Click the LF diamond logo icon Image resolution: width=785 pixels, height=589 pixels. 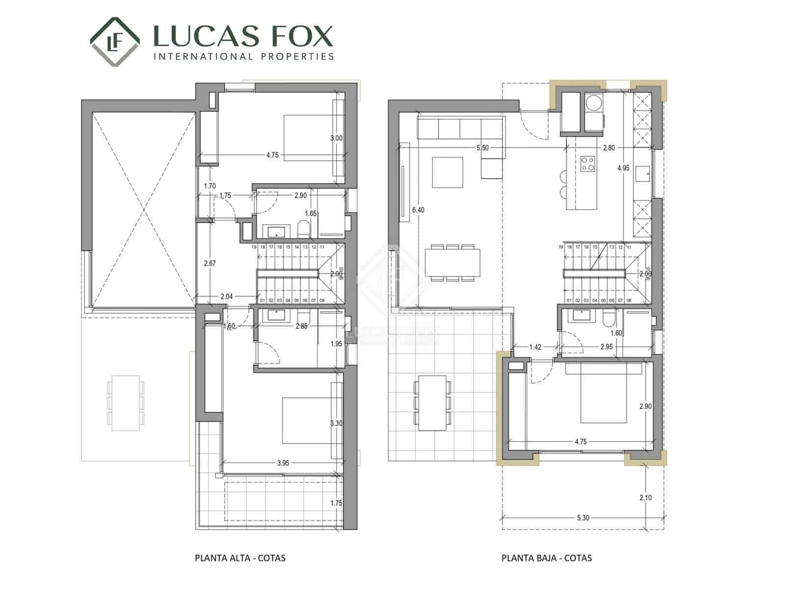click(114, 42)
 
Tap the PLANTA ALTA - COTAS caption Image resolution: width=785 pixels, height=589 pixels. click(240, 558)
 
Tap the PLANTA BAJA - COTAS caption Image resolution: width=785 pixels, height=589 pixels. click(547, 558)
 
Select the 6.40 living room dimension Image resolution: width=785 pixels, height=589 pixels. click(418, 210)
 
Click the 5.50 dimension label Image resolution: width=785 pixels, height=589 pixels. click(482, 148)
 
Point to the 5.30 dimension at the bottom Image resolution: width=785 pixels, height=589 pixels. click(582, 518)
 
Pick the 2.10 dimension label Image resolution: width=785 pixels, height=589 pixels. click(646, 498)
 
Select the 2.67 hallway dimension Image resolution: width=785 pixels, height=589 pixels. click(209, 264)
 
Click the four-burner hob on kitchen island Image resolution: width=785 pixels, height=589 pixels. click(588, 164)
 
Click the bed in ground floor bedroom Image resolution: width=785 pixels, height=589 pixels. click(604, 394)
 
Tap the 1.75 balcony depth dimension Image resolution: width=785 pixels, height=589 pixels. click(336, 503)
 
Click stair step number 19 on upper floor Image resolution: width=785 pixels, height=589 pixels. click(254, 247)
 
